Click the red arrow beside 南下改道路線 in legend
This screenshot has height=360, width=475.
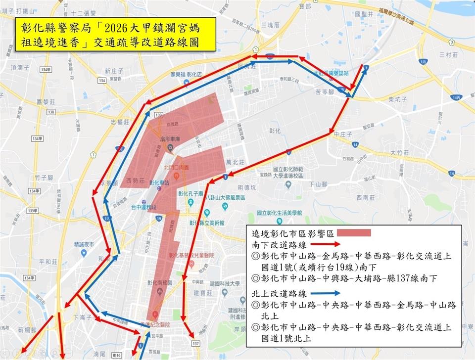click(326, 245)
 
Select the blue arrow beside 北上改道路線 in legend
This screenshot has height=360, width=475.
click(327, 294)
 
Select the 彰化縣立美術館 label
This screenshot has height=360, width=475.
click(204, 223)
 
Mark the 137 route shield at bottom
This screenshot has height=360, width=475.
click(196, 343)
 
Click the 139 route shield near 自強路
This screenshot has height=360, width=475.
click(158, 115)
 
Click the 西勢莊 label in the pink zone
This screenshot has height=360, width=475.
click(136, 180)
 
